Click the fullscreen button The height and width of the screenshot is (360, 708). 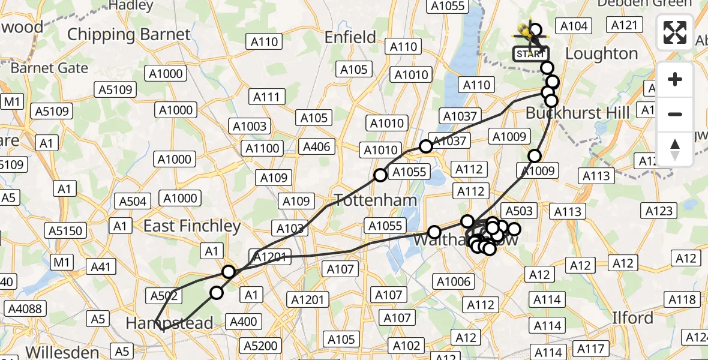tap(675, 32)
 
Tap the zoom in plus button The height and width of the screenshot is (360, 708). tap(675, 79)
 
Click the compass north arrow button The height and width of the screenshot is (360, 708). tap(675, 149)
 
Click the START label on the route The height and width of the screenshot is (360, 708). tap(531, 54)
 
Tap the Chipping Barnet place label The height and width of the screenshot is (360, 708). tap(128, 34)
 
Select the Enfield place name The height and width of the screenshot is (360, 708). tap(350, 37)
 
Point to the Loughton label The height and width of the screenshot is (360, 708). tap(601, 53)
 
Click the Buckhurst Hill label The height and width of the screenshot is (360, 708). tap(577, 113)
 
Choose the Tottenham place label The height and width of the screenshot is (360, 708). tap(367, 200)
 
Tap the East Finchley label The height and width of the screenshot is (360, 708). tap(192, 226)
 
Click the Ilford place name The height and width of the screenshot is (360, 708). tap(632, 317)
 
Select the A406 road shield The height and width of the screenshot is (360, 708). tap(316, 147)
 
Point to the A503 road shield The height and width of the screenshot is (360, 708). tap(518, 211)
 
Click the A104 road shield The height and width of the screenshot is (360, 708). tap(574, 26)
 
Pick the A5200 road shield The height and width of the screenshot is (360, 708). tap(261, 346)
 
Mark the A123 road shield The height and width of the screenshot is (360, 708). tap(658, 211)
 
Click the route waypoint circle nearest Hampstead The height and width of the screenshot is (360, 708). tap(216, 293)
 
